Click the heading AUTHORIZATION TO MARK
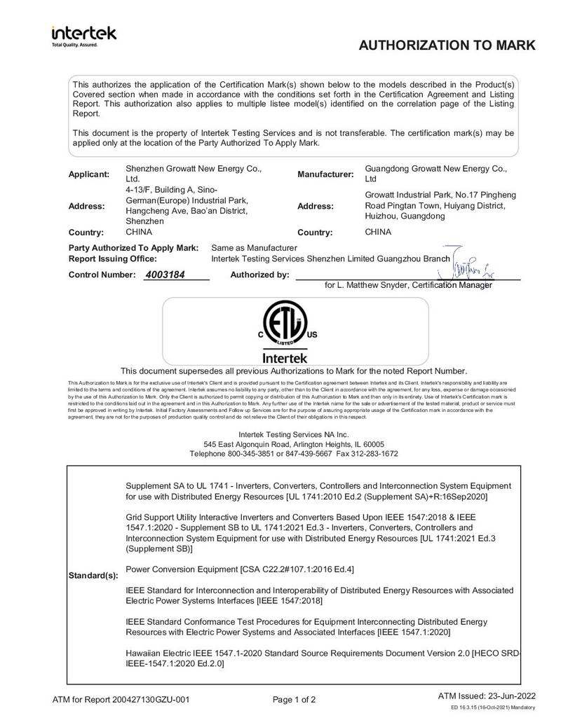[447, 46]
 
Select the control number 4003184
[164, 275]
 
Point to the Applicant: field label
[89, 174]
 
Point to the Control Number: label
[101, 275]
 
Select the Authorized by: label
[259, 275]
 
